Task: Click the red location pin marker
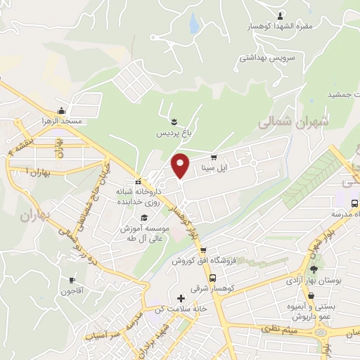(x=181, y=165)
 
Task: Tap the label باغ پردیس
(x=173, y=132)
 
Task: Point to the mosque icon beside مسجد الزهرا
(x=61, y=110)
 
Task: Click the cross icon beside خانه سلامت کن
(x=181, y=298)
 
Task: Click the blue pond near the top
(x=194, y=25)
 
